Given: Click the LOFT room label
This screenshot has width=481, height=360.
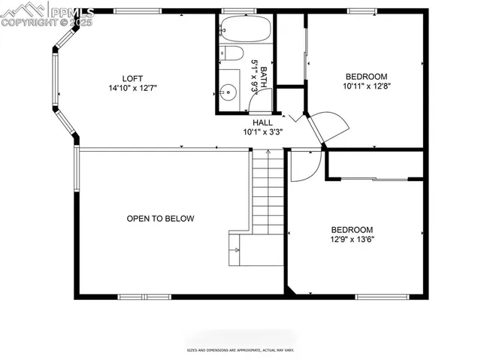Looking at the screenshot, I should coord(132,78).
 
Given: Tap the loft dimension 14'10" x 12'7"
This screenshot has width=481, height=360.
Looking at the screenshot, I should coord(132,88).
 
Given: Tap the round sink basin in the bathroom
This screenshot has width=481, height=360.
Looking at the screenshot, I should coord(228,92).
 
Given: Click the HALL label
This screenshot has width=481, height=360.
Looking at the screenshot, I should coord(262,123).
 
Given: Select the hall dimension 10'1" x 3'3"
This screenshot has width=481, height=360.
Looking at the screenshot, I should coord(262,132).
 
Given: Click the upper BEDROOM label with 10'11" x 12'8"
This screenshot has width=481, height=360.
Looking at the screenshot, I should coord(366,77).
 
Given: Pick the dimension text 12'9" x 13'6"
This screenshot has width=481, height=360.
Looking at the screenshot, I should coord(352,240).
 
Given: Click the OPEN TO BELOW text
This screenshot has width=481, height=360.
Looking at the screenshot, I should coord(160,219).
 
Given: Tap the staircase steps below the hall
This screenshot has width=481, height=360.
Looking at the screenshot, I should coord(268,192).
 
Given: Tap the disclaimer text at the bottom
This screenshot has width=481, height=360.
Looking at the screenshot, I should coord(240,350).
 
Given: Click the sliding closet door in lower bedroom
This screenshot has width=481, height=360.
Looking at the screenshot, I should coord(374,178).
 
